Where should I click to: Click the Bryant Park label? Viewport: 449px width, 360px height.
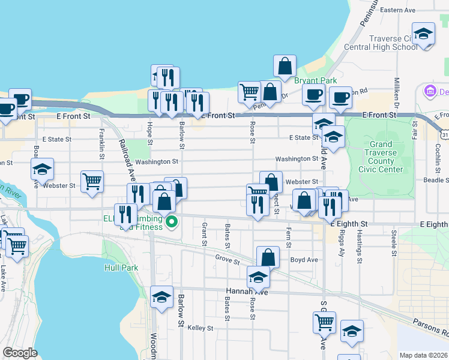tap(315, 80)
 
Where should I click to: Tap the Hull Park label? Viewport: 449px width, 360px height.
tap(121, 268)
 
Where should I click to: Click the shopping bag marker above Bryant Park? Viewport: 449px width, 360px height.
tap(285, 66)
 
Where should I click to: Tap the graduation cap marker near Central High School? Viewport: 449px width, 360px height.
tap(423, 34)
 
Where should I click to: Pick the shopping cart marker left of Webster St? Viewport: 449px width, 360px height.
tap(92, 182)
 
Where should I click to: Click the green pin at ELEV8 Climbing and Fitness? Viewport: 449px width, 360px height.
tap(172, 223)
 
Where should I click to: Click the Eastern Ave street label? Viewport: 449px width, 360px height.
tap(398, 10)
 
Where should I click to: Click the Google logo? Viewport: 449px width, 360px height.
tap(20, 353)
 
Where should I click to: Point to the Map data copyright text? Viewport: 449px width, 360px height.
tap(423, 355)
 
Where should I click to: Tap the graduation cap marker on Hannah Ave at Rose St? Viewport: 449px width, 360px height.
tap(258, 278)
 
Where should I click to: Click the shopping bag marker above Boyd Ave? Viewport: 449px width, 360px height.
tap(268, 257)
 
